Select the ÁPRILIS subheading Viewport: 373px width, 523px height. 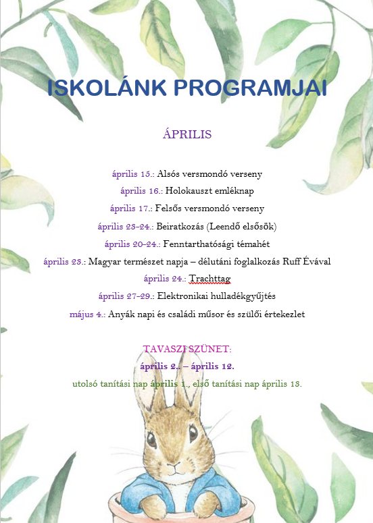(x=187, y=134)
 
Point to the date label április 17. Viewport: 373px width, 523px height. (x=131, y=209)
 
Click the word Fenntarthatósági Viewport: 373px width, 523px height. (x=195, y=244)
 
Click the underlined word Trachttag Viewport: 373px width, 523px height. (x=210, y=278)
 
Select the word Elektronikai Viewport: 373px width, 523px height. (x=186, y=296)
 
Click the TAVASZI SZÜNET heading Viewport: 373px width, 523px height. (x=187, y=349)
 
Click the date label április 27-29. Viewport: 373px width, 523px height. (x=126, y=296)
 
